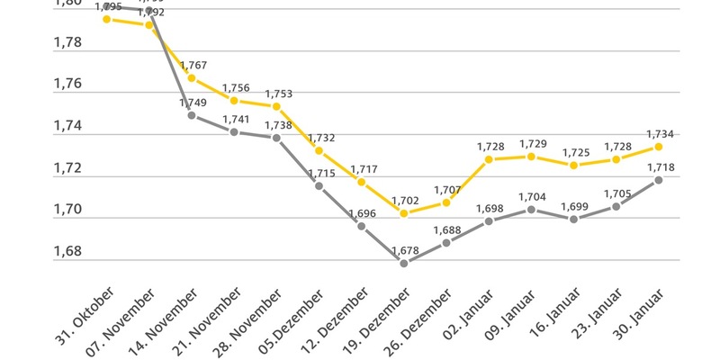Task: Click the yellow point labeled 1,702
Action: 404,213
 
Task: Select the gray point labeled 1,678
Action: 404,264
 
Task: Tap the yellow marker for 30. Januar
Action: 659,147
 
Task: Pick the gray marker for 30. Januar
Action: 659,180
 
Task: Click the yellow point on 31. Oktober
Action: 106,18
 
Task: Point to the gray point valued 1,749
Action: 192,115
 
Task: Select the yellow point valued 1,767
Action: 192,78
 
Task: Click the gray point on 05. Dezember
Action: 319,185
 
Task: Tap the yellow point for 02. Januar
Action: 489,159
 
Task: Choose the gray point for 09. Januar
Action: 531,210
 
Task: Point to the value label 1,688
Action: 446,229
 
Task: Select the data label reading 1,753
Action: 278,93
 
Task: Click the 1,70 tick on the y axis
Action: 69,209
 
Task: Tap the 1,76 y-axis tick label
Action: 69,84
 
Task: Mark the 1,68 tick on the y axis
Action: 69,251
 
